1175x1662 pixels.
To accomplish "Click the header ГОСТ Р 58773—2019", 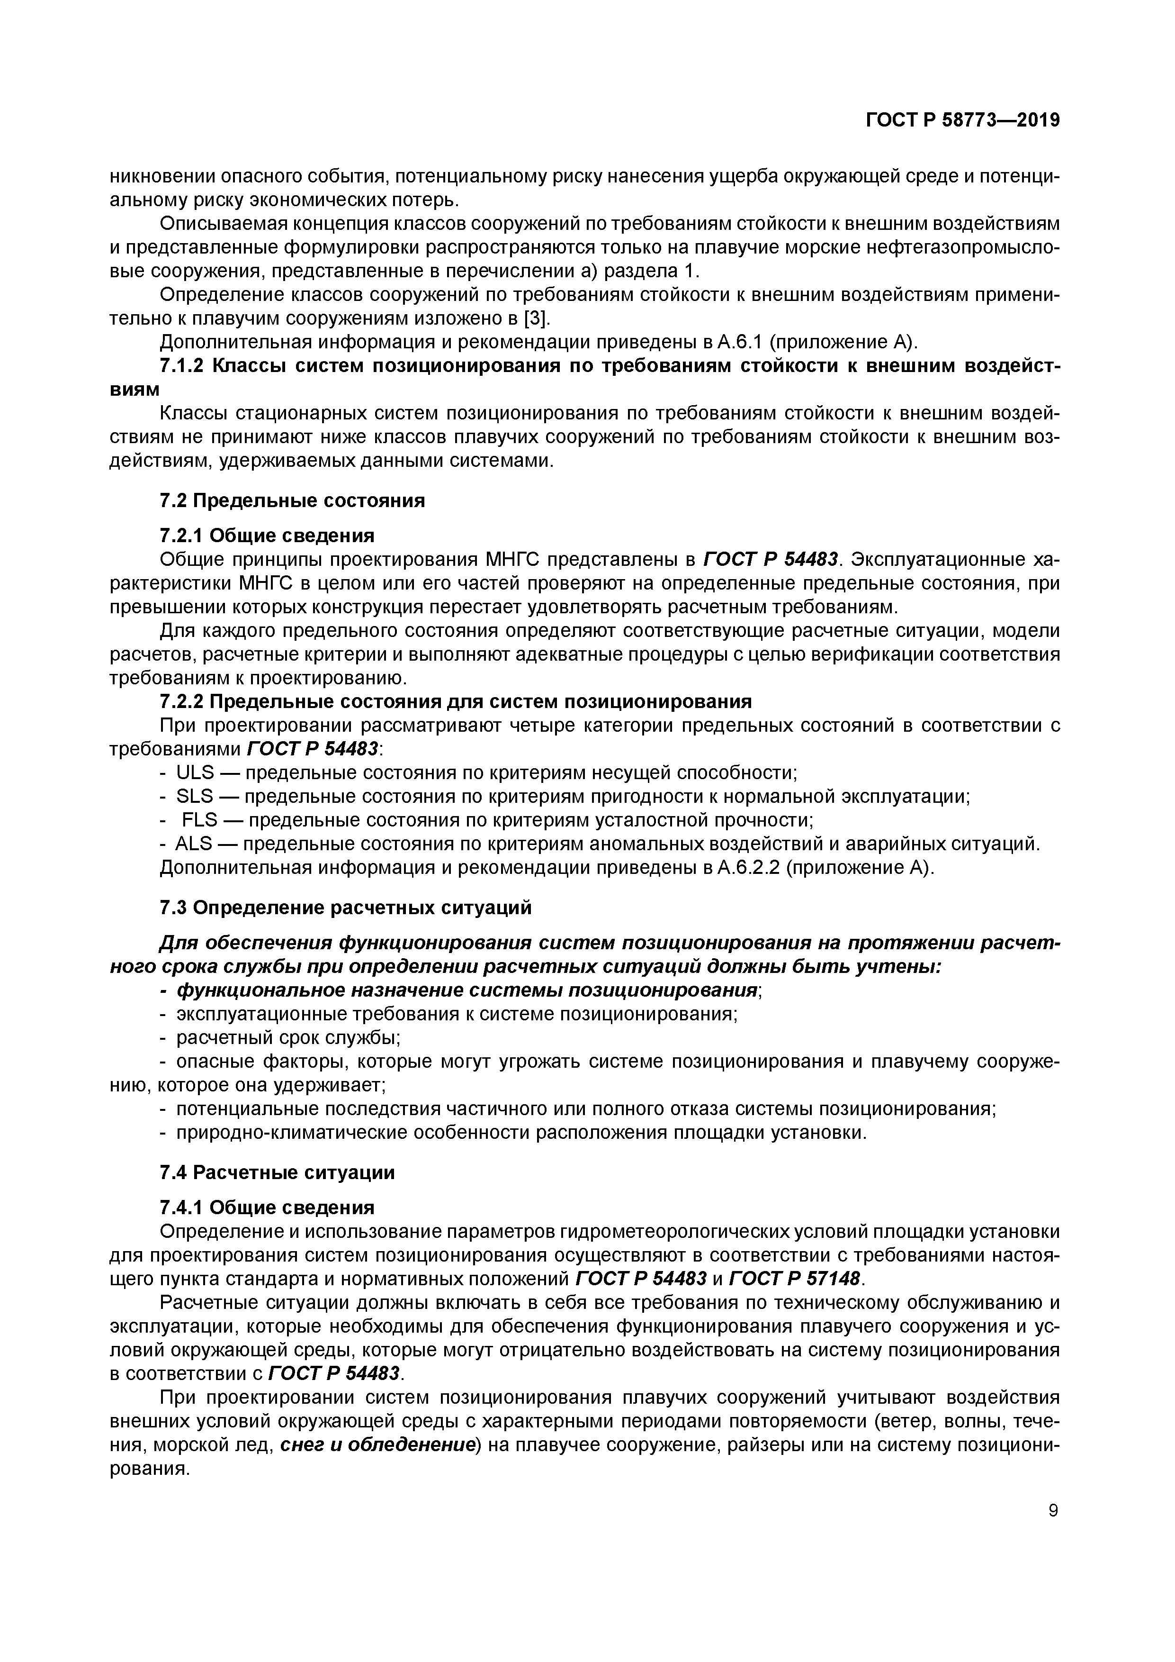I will coord(962,120).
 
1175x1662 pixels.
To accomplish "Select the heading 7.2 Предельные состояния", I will coord(292,500).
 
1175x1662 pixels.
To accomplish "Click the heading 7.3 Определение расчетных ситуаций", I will coord(345,908).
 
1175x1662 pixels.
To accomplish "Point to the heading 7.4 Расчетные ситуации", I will coord(277,1172).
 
